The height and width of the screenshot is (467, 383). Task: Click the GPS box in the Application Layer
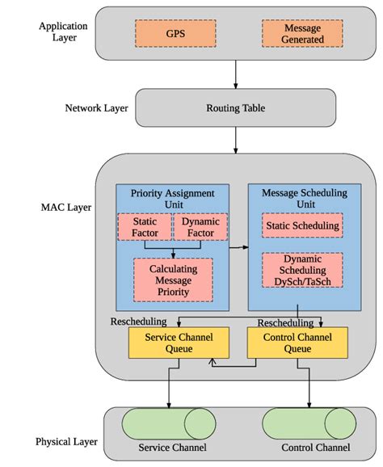click(x=175, y=33)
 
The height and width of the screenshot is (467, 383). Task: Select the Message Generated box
click(x=301, y=33)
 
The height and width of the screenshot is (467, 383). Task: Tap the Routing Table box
click(x=234, y=107)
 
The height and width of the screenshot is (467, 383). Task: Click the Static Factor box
click(x=145, y=227)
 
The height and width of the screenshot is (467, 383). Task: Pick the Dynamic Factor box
click(x=200, y=227)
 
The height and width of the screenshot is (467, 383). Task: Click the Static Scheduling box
click(x=302, y=225)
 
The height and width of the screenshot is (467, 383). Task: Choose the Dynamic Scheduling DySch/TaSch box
click(x=302, y=270)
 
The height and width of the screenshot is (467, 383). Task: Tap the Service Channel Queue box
click(x=168, y=343)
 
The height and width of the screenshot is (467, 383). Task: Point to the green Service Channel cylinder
click(x=169, y=424)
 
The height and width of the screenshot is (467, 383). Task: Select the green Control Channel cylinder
click(x=308, y=424)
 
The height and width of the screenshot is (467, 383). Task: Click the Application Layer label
click(x=62, y=32)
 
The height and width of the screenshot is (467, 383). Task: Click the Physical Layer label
click(x=65, y=442)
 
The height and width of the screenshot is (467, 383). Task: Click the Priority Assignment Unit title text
click(x=172, y=199)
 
